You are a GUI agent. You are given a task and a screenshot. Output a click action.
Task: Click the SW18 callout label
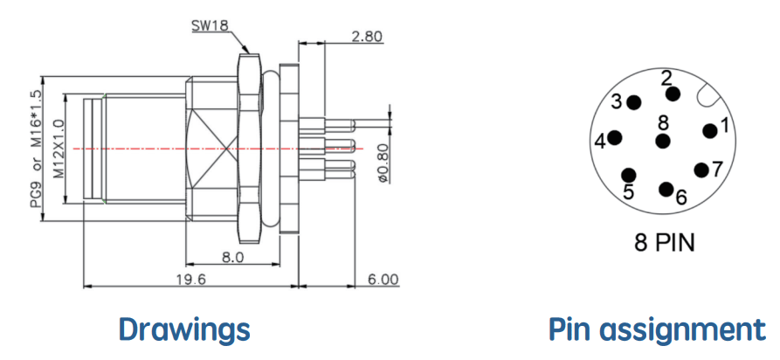210,25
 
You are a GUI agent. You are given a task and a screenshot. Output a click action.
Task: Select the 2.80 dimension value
366,37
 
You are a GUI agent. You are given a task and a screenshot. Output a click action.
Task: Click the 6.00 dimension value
383,280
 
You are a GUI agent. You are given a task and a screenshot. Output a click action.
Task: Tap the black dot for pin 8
663,141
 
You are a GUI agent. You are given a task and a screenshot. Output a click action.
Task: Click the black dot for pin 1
710,131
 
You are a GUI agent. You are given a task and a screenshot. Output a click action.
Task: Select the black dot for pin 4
615,138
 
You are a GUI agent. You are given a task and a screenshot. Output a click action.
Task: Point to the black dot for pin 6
666,190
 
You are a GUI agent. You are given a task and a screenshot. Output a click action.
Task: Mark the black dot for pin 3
634,102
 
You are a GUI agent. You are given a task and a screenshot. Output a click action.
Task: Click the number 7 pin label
717,170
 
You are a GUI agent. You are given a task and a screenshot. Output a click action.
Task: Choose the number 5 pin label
629,191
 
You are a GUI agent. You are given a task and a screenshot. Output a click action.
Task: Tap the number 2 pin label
666,78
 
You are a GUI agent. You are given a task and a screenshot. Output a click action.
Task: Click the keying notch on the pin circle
708,95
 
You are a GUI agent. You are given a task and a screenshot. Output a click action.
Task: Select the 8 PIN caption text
664,243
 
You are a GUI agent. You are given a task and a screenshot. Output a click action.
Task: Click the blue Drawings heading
184,329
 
